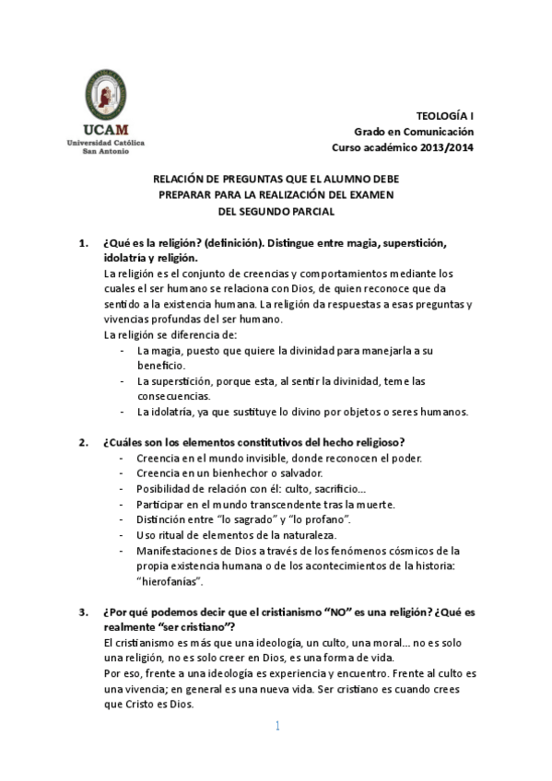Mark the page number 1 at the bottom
tap(276, 727)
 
